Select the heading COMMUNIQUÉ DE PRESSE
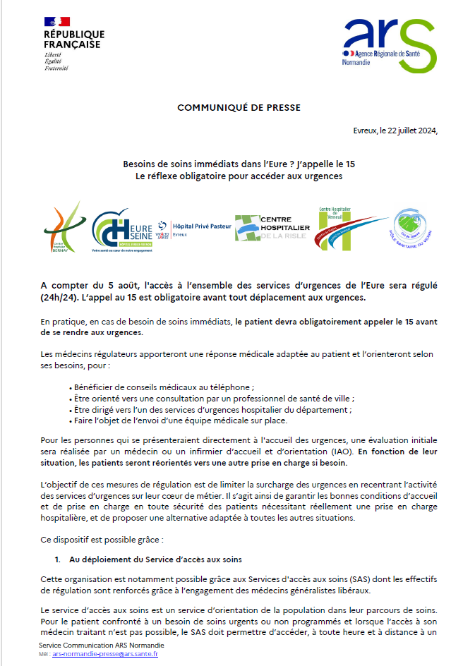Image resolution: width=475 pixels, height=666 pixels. [x=239, y=108]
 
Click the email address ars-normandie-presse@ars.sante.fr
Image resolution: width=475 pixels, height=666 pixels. [x=104, y=654]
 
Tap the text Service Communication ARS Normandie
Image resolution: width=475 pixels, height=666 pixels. [x=102, y=646]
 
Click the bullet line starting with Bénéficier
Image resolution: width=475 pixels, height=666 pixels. [x=163, y=387]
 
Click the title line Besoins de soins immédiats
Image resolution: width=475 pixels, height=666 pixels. [x=239, y=164]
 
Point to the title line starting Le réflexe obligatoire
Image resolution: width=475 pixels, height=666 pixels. [x=239, y=175]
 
